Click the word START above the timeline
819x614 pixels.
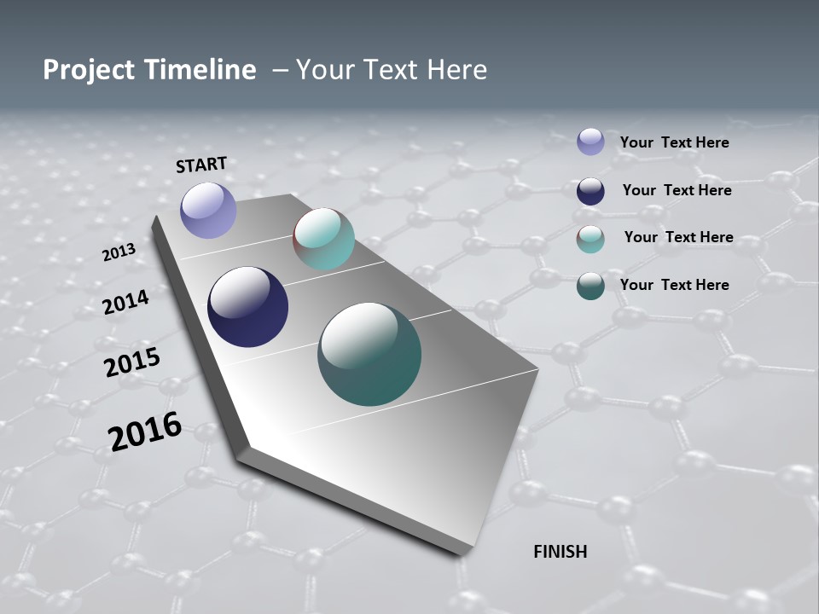pyautogui.click(x=201, y=165)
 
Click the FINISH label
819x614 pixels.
pyautogui.click(x=561, y=552)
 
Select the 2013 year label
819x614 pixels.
pyautogui.click(x=119, y=252)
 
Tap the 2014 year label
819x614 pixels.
pyautogui.click(x=126, y=302)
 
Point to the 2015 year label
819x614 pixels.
pyautogui.click(x=132, y=362)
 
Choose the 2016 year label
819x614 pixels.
pyautogui.click(x=145, y=432)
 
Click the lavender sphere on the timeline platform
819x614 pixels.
pyautogui.click(x=208, y=210)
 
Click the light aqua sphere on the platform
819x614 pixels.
pyautogui.click(x=323, y=239)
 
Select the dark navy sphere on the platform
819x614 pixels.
pyautogui.click(x=247, y=307)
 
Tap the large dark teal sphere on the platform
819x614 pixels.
pyautogui.click(x=369, y=354)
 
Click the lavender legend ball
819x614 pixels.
pyautogui.click(x=590, y=142)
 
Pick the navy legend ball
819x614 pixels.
pyautogui.click(x=590, y=191)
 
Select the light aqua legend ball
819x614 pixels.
pyautogui.click(x=590, y=239)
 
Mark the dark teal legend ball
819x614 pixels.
pyautogui.click(x=590, y=286)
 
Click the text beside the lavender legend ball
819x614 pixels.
pyautogui.click(x=674, y=142)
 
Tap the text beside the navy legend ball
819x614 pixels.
pyautogui.click(x=677, y=190)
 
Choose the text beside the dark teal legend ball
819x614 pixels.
pyautogui.click(x=674, y=285)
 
